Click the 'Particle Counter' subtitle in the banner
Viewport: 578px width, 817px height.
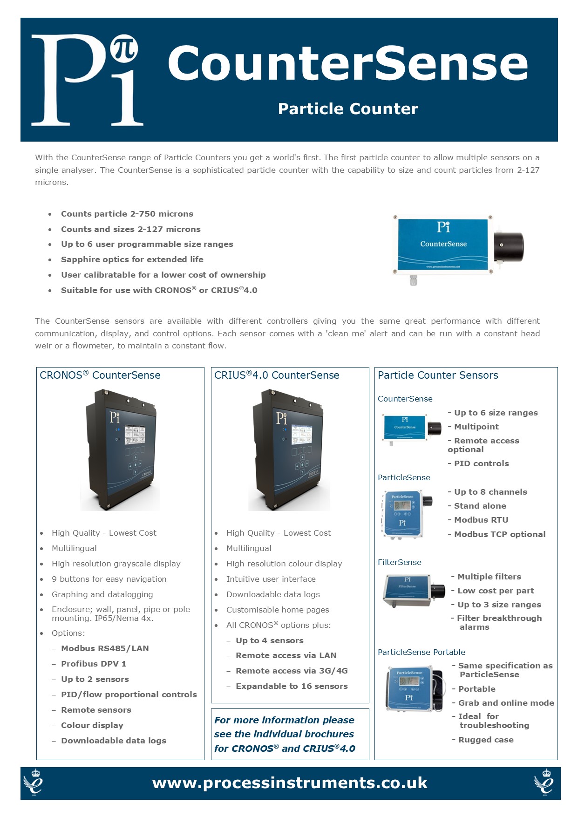(348, 109)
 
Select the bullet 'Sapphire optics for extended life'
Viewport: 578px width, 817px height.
(132, 259)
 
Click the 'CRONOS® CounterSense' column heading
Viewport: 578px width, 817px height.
(100, 375)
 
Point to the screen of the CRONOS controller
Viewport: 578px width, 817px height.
(133, 435)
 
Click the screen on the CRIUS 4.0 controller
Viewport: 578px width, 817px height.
(301, 435)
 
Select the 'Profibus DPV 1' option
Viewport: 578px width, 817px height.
(94, 664)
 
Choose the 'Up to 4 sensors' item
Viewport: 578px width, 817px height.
(270, 640)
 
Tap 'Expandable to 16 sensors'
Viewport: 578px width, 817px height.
(292, 686)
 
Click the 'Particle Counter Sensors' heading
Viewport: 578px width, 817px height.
(438, 375)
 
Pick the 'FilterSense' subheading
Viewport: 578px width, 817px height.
(400, 562)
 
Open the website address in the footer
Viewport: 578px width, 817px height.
(290, 783)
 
